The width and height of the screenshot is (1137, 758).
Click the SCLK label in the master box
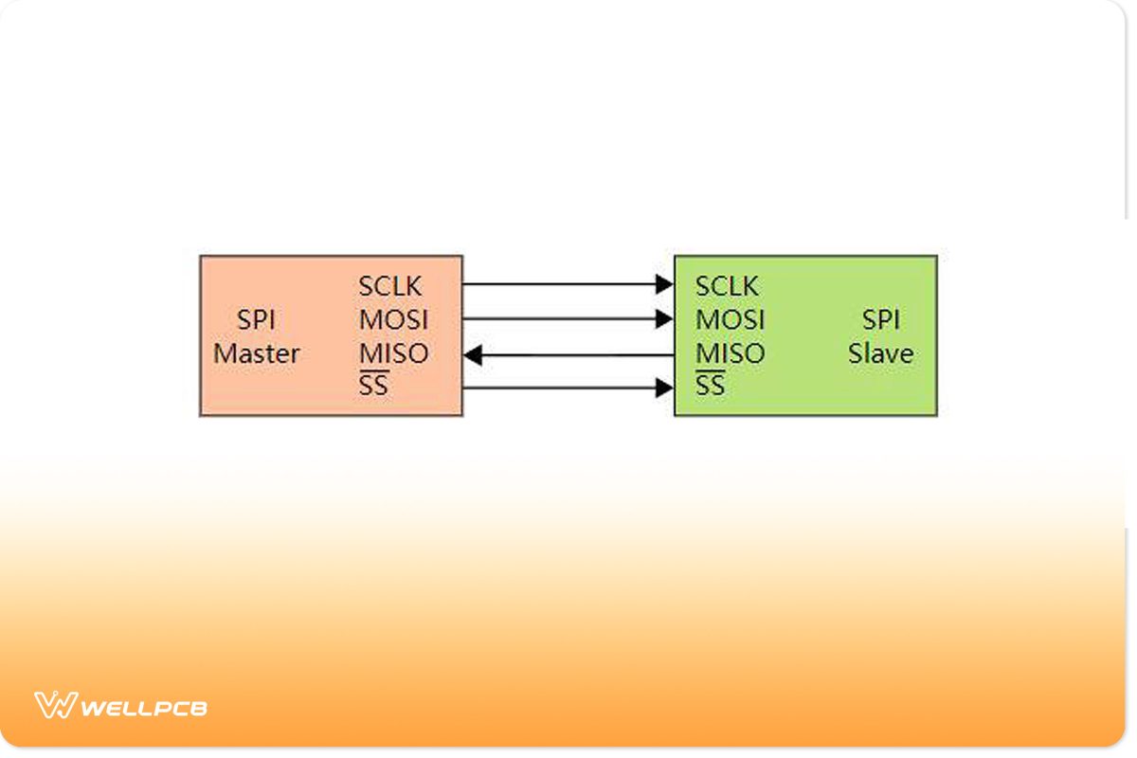390,285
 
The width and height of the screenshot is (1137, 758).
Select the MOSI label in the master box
393,319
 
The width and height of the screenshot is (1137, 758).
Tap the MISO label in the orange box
393,353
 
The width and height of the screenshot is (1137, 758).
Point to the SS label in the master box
373,387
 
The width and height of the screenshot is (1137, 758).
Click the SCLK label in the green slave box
727,285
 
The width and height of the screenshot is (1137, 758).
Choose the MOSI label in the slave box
730,319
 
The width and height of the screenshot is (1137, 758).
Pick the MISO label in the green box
730,353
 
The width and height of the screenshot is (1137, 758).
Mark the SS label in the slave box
710,387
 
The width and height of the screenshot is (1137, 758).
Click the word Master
256,354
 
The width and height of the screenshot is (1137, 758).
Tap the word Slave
880,354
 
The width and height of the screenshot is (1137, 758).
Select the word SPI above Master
256,319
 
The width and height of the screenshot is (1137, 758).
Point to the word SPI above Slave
880,319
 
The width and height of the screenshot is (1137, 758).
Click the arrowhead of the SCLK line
664,283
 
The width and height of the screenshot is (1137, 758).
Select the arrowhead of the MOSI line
664,319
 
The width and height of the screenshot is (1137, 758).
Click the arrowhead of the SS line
664,388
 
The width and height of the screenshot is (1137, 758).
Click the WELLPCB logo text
144,708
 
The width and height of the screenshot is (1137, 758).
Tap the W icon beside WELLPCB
54,706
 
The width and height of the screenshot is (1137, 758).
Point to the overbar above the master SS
373,372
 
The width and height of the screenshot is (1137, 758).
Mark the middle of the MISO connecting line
568,355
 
